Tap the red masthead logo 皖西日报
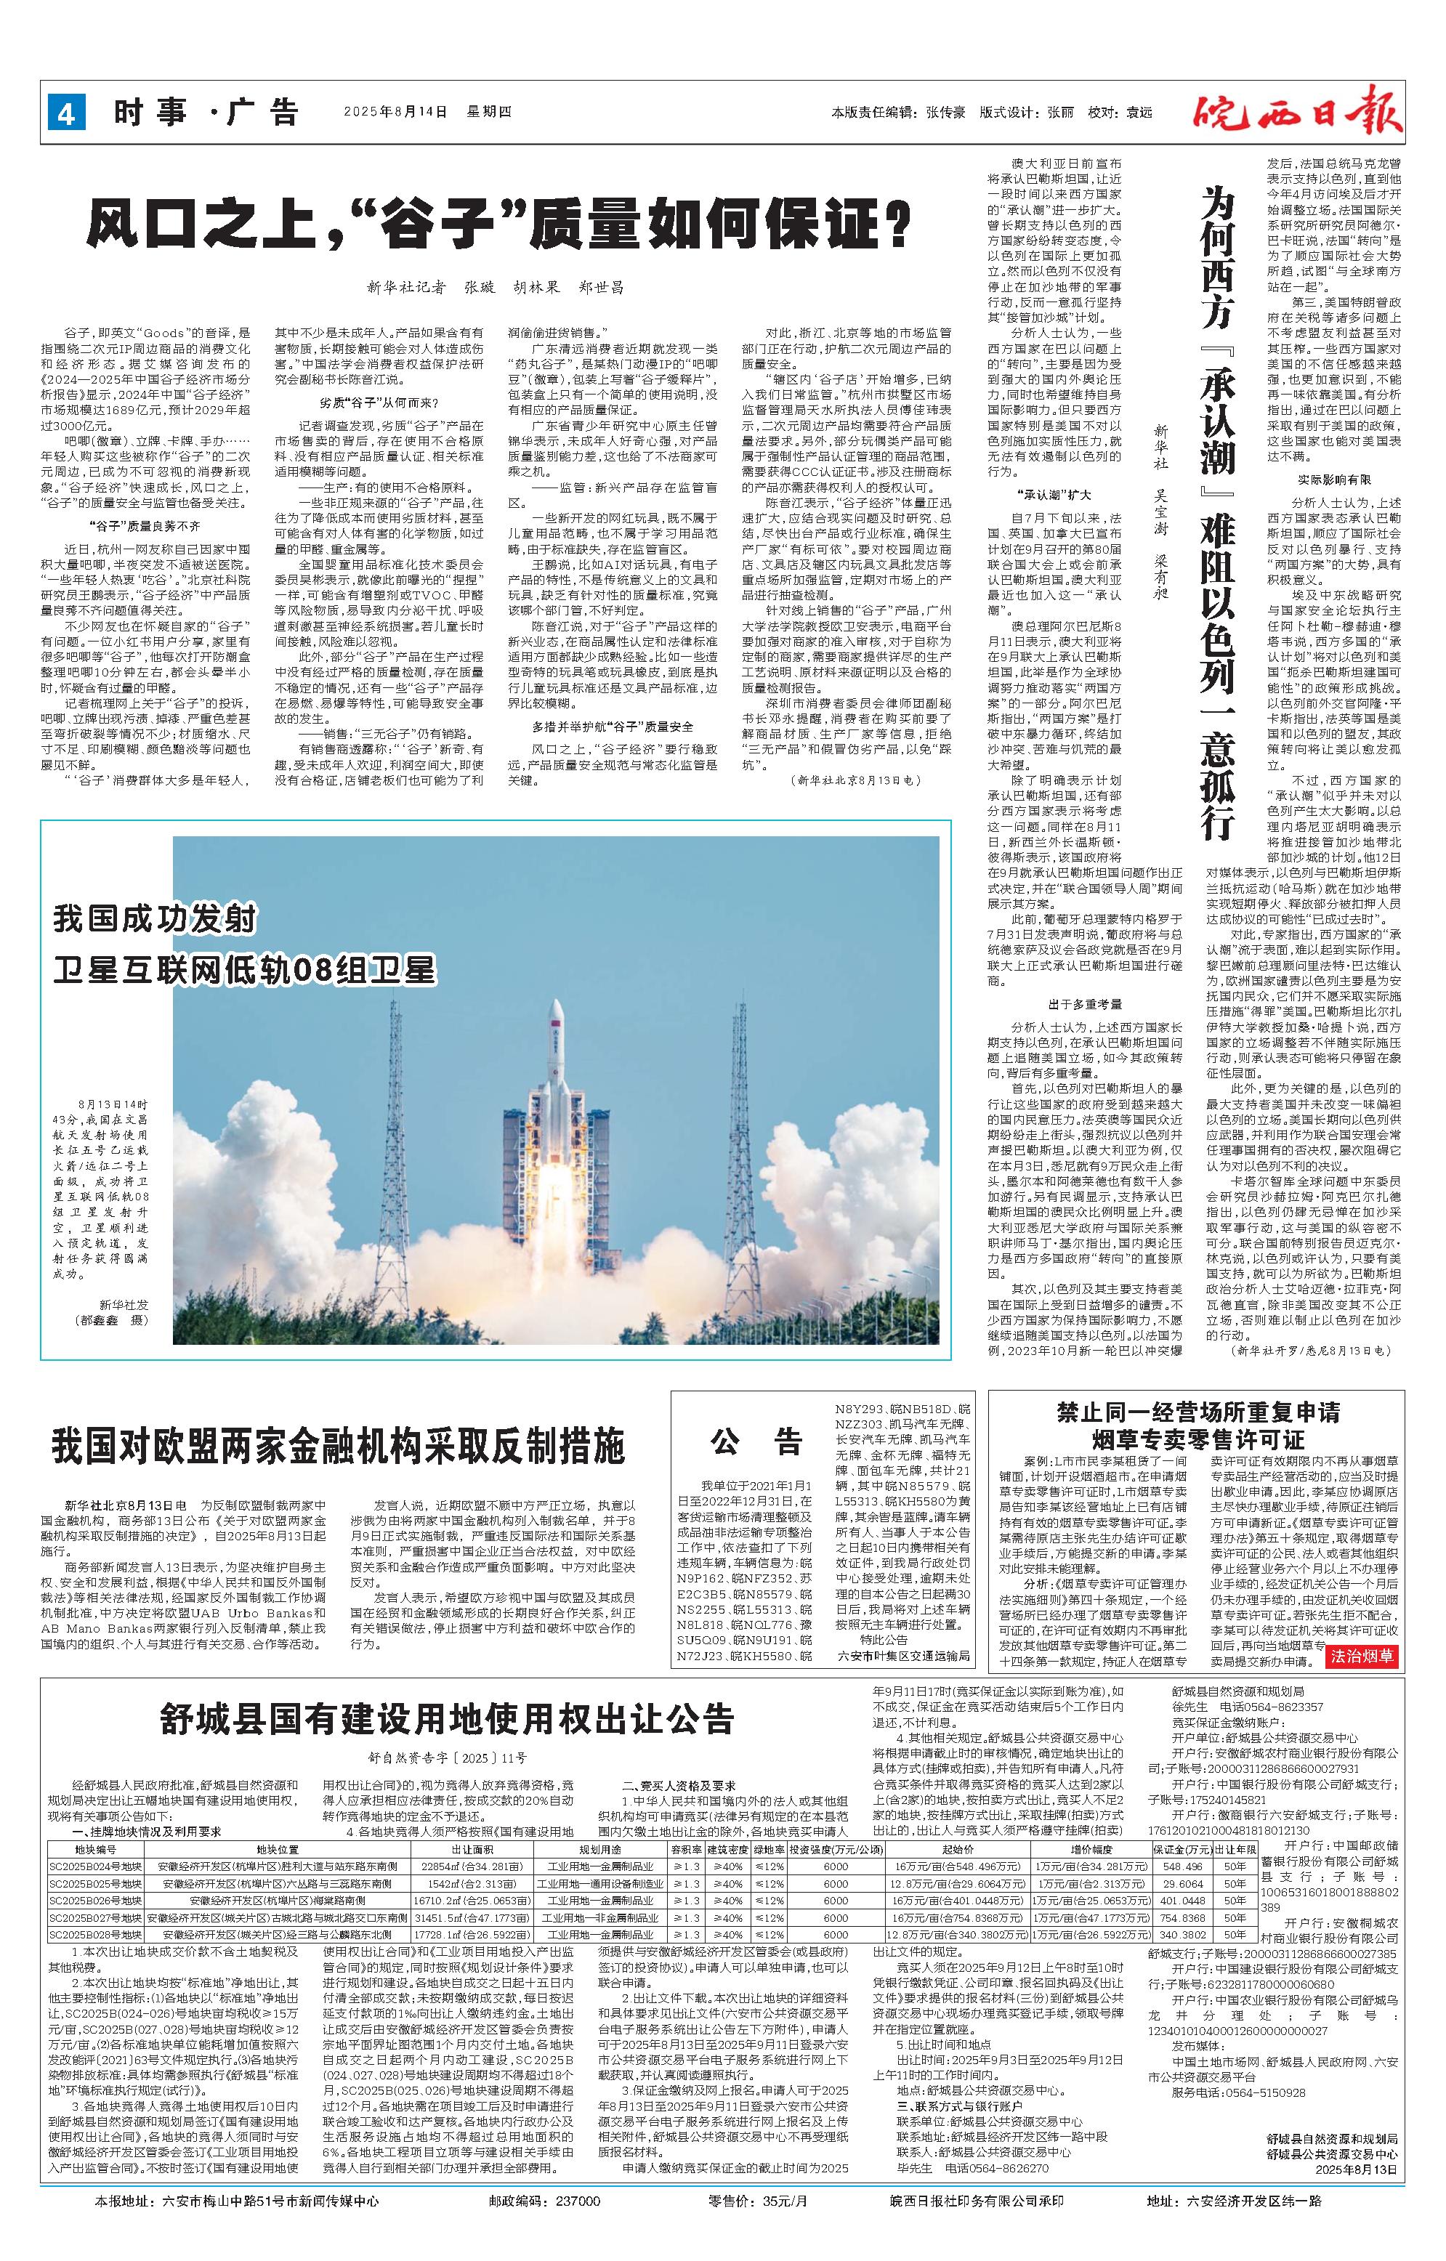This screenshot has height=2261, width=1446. click(1298, 110)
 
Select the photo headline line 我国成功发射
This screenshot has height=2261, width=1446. click(155, 918)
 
